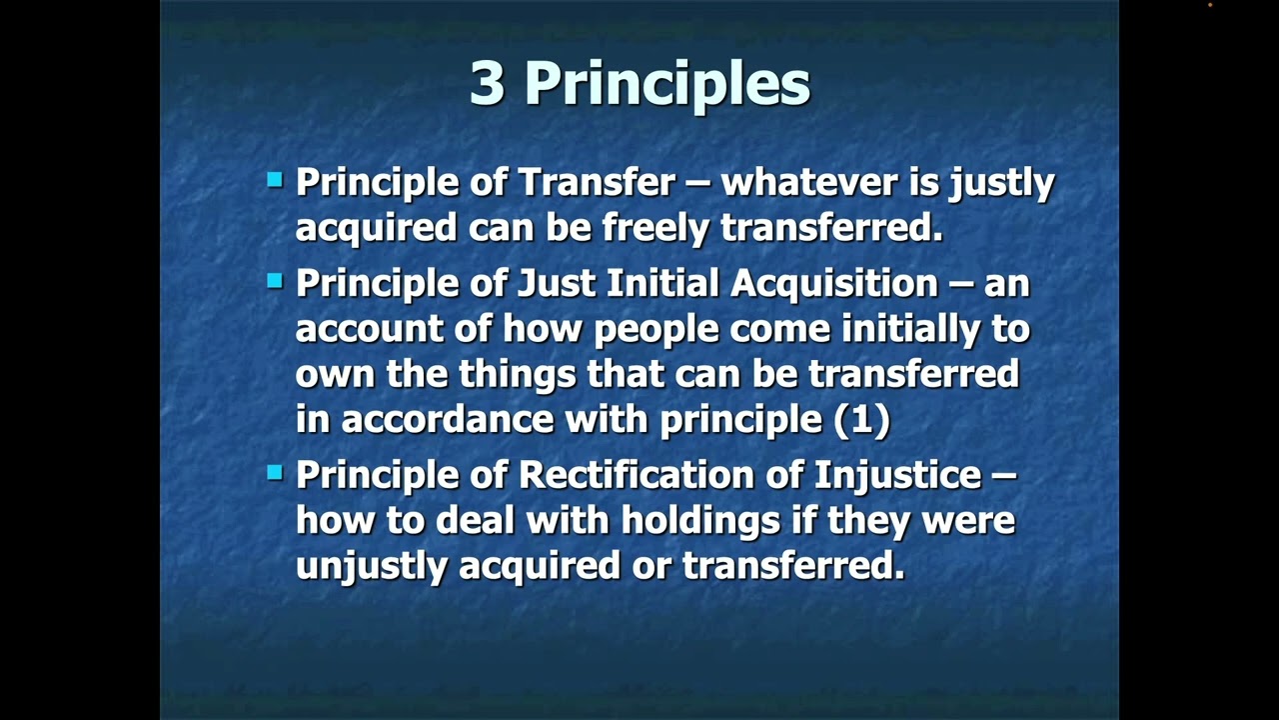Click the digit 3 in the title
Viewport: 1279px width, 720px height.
click(x=487, y=83)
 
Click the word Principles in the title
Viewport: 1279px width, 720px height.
click(x=666, y=85)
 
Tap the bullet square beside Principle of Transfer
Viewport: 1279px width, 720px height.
click(x=275, y=181)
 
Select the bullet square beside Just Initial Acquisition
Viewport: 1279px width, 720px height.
click(x=275, y=282)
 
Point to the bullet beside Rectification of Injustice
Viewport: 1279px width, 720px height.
click(x=275, y=473)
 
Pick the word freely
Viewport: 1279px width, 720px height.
click(x=656, y=228)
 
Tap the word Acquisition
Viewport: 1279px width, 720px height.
click(x=834, y=284)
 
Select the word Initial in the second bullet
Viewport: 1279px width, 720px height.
click(x=663, y=284)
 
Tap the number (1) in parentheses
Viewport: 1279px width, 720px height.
click(x=861, y=420)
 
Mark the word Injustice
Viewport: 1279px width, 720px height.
click(x=897, y=475)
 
